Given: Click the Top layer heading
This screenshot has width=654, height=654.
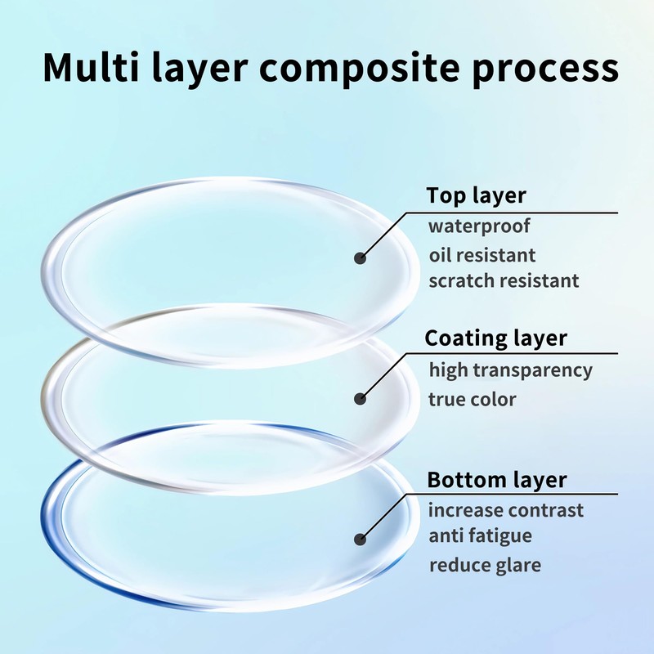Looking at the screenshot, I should pos(476,196).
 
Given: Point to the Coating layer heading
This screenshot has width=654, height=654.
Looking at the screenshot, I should pos(496,338).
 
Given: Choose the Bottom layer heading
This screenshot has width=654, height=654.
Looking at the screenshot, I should pos(497,479).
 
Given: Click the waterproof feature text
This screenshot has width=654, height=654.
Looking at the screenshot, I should pos(479,226).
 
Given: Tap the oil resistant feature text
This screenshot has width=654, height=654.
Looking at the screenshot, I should pos(482,254).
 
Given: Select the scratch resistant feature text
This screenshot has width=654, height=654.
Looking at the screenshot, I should pos(504,280).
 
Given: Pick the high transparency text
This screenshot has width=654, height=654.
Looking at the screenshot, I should pos(511,370).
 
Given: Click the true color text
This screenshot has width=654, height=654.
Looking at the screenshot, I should pos(473,399).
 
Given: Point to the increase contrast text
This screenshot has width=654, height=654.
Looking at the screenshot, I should pos(506,510).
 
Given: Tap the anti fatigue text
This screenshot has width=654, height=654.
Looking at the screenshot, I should pos(481,536).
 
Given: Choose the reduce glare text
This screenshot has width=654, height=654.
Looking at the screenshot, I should pos(485,565).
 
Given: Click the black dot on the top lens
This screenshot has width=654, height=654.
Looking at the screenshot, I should pos(360,258).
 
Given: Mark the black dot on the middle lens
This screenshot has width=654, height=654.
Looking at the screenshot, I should pos(360,399).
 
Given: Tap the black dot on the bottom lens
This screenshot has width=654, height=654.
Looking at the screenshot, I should pos(360,540).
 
